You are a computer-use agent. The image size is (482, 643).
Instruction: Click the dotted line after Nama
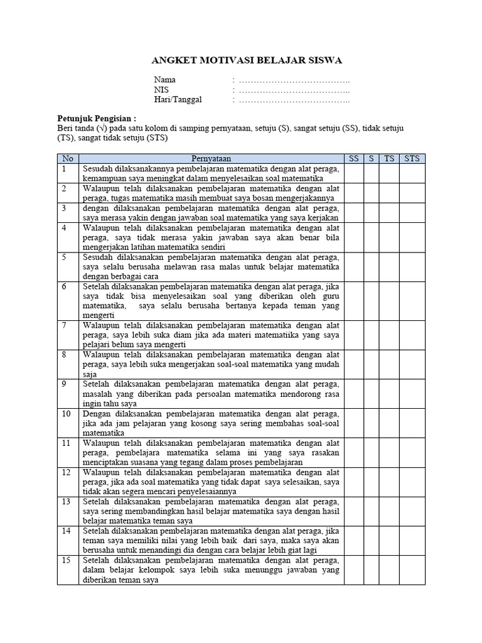click(293, 80)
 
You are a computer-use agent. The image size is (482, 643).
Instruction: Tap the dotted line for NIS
click(293, 90)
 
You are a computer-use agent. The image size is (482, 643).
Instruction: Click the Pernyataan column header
click(212, 159)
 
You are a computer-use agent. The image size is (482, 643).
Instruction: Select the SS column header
click(353, 159)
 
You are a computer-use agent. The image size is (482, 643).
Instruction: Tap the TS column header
click(390, 159)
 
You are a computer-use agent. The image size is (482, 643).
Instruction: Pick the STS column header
click(412, 159)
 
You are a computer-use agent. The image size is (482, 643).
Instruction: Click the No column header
click(68, 159)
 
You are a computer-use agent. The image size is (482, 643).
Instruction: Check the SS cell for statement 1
click(353, 173)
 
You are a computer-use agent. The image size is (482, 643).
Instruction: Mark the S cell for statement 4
click(372, 237)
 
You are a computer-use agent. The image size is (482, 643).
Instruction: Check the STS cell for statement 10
click(412, 423)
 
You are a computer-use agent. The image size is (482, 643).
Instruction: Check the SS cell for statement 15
click(353, 570)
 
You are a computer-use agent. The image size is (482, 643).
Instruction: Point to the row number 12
click(66, 472)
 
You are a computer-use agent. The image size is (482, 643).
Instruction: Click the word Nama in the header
click(165, 80)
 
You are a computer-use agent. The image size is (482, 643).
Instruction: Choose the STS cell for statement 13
click(412, 511)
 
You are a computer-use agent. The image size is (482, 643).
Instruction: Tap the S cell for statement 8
click(372, 364)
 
